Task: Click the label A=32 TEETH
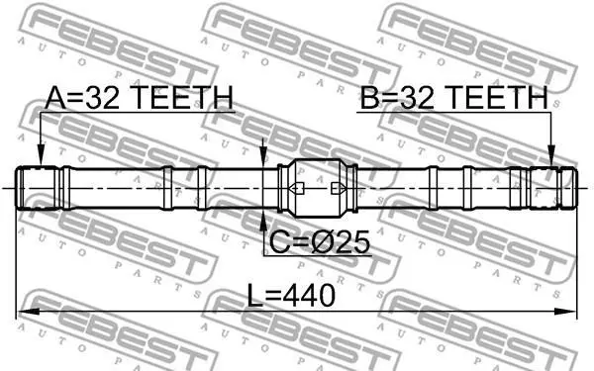(x=139, y=97)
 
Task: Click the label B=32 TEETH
(x=453, y=97)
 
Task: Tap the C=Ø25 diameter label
(x=319, y=242)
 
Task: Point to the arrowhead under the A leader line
(x=41, y=156)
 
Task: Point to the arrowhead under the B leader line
(x=551, y=156)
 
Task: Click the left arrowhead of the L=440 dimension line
(x=28, y=312)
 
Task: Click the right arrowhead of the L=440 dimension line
(x=565, y=312)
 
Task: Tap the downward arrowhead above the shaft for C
(x=263, y=156)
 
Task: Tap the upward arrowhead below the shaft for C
(x=263, y=220)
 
